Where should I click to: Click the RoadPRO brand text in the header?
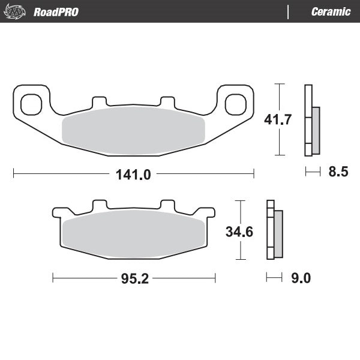56,12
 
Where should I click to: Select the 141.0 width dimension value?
133,175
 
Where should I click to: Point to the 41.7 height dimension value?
278,119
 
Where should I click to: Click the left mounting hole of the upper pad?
29,104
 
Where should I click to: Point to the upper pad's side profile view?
312,123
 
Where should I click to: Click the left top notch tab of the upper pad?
99,102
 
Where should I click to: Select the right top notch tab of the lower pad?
167,205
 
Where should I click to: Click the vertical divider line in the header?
290,12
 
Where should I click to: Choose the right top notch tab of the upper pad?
166,102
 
